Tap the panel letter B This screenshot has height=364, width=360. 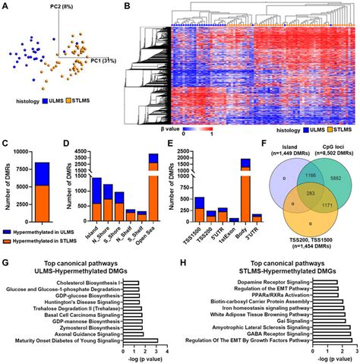coord(126,7)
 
